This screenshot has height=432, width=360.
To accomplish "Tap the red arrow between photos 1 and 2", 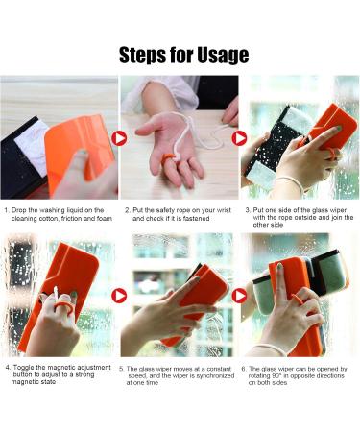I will (x=119, y=137).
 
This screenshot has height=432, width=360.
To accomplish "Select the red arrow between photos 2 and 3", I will (x=239, y=137).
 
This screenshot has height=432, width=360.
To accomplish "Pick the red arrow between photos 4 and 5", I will (x=119, y=295).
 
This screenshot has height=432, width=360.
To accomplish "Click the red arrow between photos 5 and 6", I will (x=239, y=295).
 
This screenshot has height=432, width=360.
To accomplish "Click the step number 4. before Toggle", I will (x=9, y=367).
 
